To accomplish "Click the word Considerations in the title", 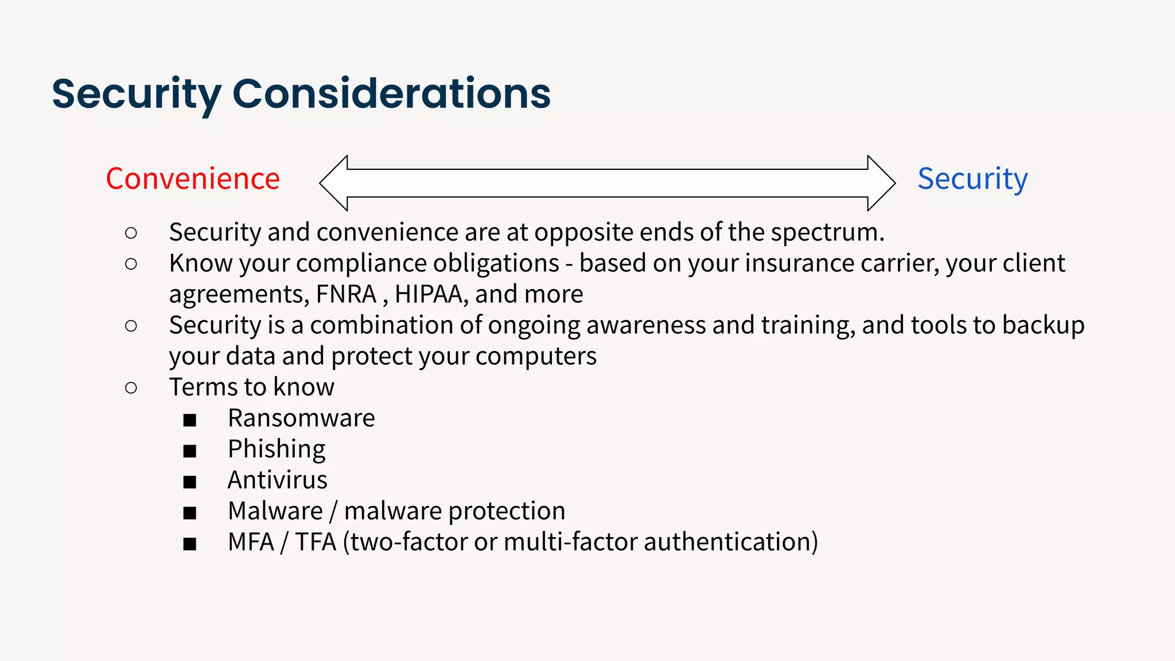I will coord(391,94).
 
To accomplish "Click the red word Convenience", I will coord(193,179).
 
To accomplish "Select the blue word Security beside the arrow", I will coord(972,179).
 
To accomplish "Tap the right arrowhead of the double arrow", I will coord(881,183).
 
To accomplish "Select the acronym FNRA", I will coord(346,294).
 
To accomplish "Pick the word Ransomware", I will coord(301,418).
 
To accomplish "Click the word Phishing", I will coord(277,449).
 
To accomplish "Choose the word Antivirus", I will coord(277,480).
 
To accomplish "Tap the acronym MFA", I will coord(251,542).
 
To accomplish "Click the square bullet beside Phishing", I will coord(190,451).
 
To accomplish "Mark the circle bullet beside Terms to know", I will coord(131,388).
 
